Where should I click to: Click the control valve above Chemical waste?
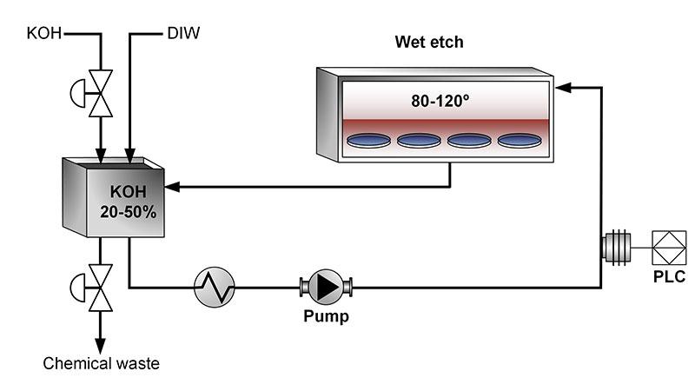coord(102,286)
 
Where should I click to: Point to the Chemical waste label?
coord(102,363)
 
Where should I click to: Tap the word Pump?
coord(326,317)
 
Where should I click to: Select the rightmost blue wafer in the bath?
coord(520,139)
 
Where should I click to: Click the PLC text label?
coord(669,277)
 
